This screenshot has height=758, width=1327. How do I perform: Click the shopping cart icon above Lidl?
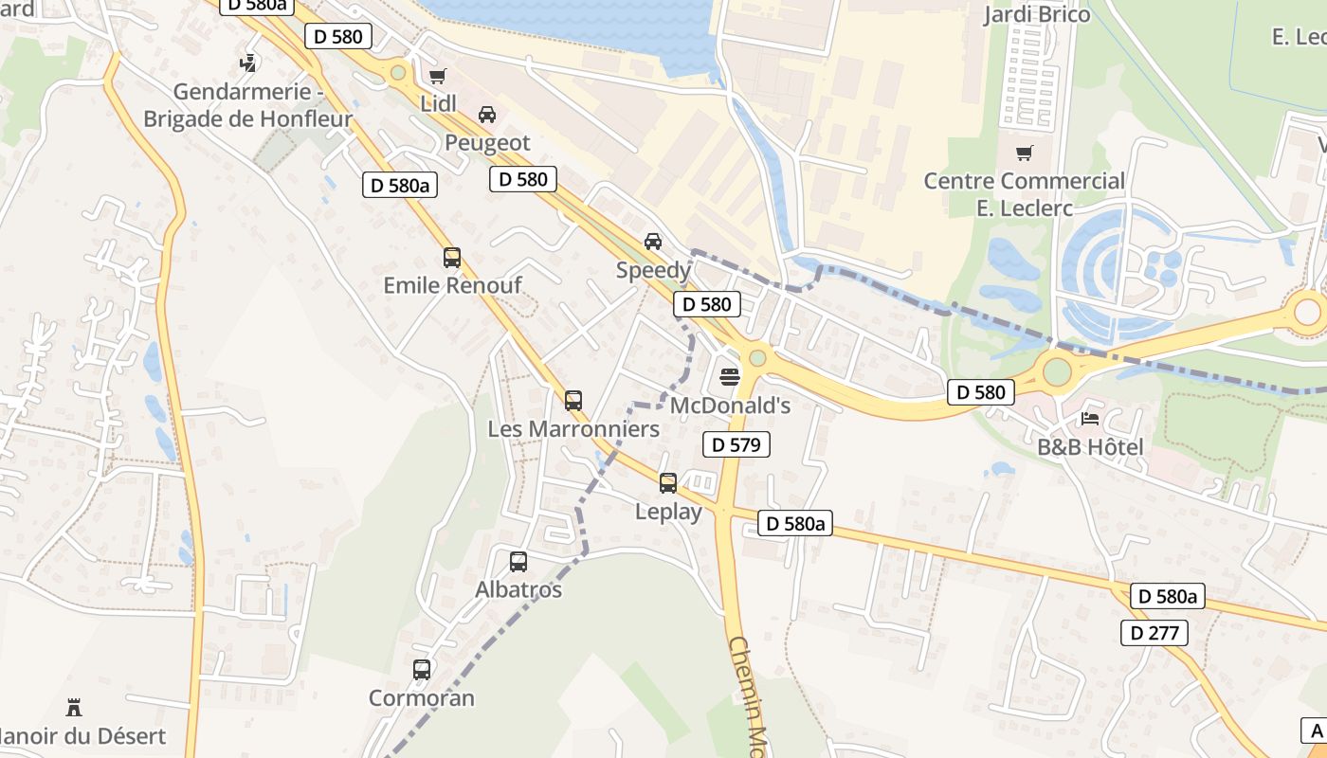(437, 76)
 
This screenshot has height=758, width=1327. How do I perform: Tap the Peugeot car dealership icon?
(487, 115)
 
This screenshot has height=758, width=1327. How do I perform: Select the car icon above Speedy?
(653, 242)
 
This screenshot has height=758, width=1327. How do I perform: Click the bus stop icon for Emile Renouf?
(452, 257)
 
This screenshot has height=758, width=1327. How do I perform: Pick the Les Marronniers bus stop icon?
(573, 401)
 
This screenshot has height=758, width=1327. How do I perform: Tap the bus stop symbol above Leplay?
(668, 483)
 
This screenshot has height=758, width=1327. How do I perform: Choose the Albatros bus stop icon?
(518, 561)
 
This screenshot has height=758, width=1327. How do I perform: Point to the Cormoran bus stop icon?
(422, 670)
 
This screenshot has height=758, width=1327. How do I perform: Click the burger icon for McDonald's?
(729, 377)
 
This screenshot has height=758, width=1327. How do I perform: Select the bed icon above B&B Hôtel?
(1090, 418)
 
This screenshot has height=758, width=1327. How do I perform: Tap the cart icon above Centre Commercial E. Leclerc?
(1024, 153)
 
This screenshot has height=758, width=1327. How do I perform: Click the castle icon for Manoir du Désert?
(74, 707)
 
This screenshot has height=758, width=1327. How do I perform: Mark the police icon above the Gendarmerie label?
(247, 63)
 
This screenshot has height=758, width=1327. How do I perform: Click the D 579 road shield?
(736, 444)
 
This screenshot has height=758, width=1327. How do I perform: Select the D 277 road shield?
(1154, 633)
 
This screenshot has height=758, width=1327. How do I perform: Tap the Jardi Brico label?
(1037, 14)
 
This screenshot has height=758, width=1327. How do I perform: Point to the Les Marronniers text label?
(573, 429)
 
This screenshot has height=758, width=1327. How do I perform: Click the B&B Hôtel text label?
(1090, 447)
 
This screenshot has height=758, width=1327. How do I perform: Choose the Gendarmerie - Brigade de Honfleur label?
(247, 105)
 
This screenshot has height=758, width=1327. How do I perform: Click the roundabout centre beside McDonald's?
(757, 358)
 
